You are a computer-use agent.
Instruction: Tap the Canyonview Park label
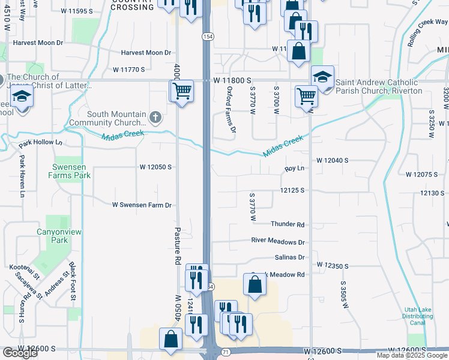pyautogui.click(x=59, y=236)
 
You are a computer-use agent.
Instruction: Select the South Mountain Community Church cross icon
pyautogui.click(x=155, y=116)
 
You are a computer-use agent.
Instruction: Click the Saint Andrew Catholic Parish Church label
pyautogui.click(x=379, y=86)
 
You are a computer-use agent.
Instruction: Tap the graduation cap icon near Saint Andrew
pyautogui.click(x=322, y=77)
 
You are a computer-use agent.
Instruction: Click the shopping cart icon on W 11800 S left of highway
pyautogui.click(x=182, y=92)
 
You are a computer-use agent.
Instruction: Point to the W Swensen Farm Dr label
pyautogui.click(x=142, y=205)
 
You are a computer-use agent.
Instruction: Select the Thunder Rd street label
pyautogui.click(x=288, y=224)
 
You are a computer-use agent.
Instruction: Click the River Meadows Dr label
pyautogui.click(x=278, y=242)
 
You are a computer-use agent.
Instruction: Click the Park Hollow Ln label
pyautogui.click(x=40, y=143)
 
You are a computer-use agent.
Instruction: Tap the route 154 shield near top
pyautogui.click(x=206, y=37)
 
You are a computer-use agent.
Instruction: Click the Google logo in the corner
pyautogui.click(x=20, y=353)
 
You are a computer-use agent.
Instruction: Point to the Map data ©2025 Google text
pyautogui.click(x=412, y=355)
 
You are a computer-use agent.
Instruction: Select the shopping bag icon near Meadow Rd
pyautogui.click(x=255, y=285)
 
